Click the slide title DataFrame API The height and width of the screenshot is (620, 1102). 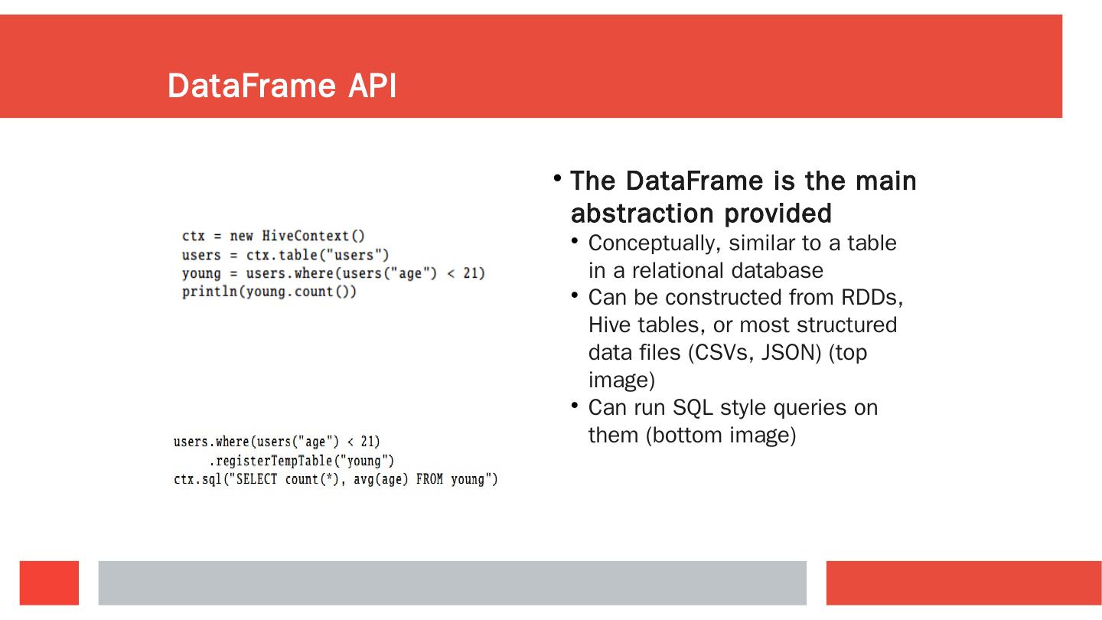click(x=282, y=86)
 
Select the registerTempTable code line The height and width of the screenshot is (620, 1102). click(x=302, y=461)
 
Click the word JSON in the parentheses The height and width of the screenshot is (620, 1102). click(x=792, y=352)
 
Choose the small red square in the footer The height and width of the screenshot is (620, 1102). click(x=49, y=582)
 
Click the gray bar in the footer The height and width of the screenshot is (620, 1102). click(x=452, y=582)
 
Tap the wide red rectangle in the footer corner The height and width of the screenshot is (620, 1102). click(x=963, y=582)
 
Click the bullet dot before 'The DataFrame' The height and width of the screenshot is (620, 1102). click(x=558, y=179)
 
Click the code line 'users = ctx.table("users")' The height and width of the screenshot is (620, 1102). click(x=285, y=255)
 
